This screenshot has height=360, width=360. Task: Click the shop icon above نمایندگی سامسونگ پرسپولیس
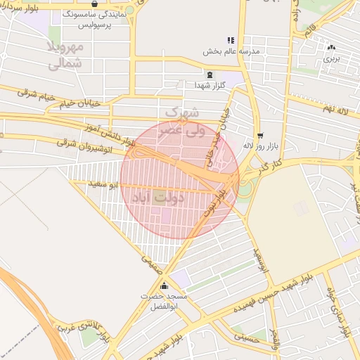(x=94, y=4)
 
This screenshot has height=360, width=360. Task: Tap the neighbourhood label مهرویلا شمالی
(x=66, y=56)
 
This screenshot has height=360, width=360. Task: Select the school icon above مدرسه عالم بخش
(x=231, y=40)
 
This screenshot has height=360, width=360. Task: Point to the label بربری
(x=331, y=59)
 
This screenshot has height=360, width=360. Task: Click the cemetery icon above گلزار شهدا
(x=209, y=74)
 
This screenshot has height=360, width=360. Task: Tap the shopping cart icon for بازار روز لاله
(x=260, y=135)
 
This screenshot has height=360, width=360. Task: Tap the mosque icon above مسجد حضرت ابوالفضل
(x=165, y=285)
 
